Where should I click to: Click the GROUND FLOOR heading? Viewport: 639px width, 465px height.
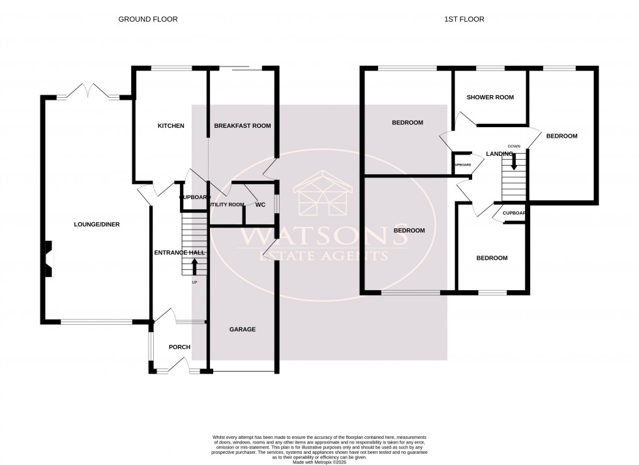point(147,20)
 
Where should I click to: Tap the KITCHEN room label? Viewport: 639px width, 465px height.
point(170,126)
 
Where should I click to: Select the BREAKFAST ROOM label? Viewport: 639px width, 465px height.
point(242,126)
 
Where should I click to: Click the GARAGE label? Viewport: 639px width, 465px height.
point(242,329)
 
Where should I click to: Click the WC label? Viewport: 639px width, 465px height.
point(260,205)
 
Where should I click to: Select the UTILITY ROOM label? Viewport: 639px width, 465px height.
point(227,205)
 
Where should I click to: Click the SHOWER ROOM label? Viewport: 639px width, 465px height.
point(490,97)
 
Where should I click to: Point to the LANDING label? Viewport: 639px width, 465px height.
point(499,154)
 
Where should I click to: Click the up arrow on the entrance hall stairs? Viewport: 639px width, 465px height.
point(194,266)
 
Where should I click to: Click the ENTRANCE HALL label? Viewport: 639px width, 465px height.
point(179,252)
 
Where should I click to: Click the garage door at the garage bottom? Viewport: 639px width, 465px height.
point(242,372)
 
